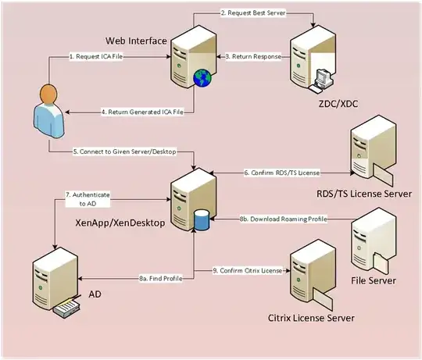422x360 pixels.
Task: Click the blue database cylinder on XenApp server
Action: point(202,219)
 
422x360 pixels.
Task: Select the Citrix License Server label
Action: point(312,318)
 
